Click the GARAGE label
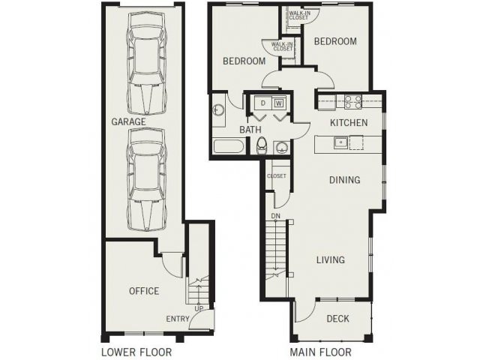tap(128, 121)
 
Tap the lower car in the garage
tap(146, 180)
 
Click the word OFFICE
tap(143, 291)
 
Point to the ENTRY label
tap(178, 319)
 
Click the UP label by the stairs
tap(198, 307)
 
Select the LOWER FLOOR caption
tap(136, 352)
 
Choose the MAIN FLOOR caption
tap(320, 352)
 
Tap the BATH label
tap(250, 130)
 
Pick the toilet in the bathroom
tap(262, 145)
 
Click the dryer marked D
tap(263, 102)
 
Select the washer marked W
tap(278, 102)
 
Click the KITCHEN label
tap(349, 122)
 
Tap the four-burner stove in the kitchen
tap(352, 100)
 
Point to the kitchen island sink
tap(340, 141)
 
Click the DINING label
tap(344, 180)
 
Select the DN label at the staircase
tap(276, 217)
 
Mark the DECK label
tap(337, 319)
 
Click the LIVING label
tap(330, 260)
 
